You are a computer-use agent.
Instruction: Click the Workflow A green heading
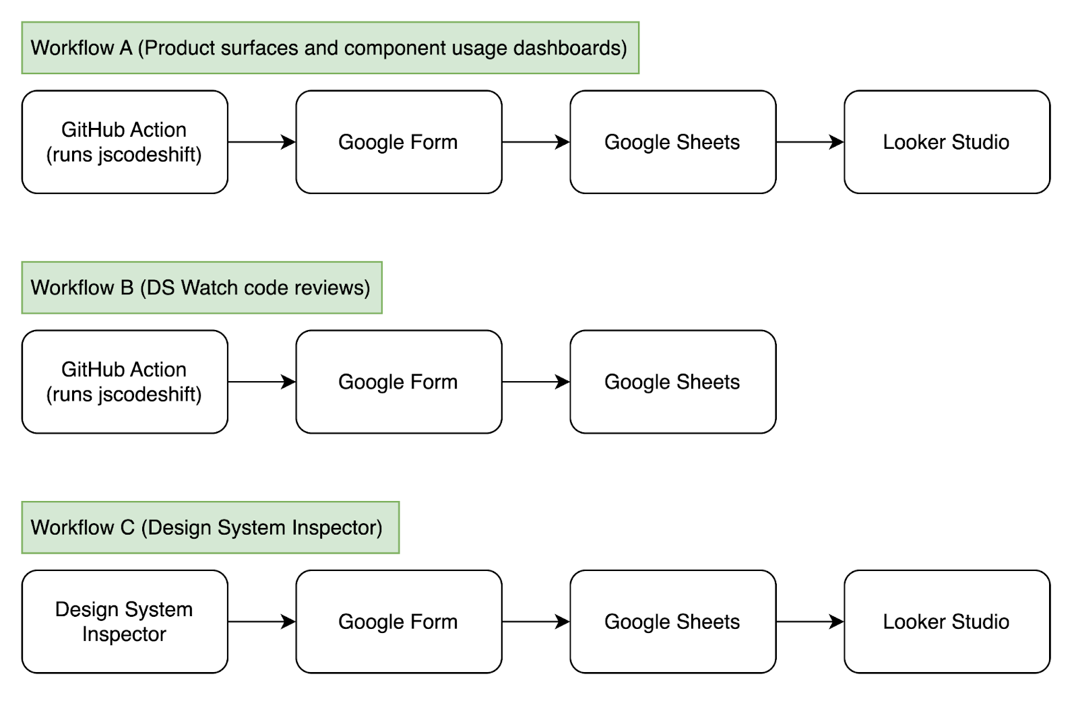tap(329, 48)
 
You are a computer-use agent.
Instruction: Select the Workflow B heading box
tap(201, 288)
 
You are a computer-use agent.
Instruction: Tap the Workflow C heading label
tap(210, 527)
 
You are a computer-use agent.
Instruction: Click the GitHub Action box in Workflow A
tap(125, 142)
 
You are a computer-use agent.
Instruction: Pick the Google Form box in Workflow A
tap(398, 142)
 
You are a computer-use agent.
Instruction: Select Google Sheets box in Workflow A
tap(672, 142)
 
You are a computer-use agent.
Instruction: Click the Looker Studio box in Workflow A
tap(946, 142)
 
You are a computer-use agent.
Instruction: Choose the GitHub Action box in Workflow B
tap(125, 382)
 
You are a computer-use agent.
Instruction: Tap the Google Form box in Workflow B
tap(398, 382)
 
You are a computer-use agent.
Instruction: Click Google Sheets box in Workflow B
tap(672, 382)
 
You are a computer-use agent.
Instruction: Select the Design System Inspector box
tap(125, 622)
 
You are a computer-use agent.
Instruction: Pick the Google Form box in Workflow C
tap(398, 622)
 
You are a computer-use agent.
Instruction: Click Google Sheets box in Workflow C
tap(672, 622)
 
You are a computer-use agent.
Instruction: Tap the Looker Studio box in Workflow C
tap(946, 622)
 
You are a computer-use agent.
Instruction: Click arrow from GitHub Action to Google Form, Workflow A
tap(262, 142)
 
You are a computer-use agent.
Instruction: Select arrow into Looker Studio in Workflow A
tap(810, 142)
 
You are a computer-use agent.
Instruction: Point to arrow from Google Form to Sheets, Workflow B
tap(536, 382)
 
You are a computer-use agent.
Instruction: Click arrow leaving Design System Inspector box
tap(262, 622)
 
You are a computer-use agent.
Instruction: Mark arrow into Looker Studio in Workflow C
tap(810, 622)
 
